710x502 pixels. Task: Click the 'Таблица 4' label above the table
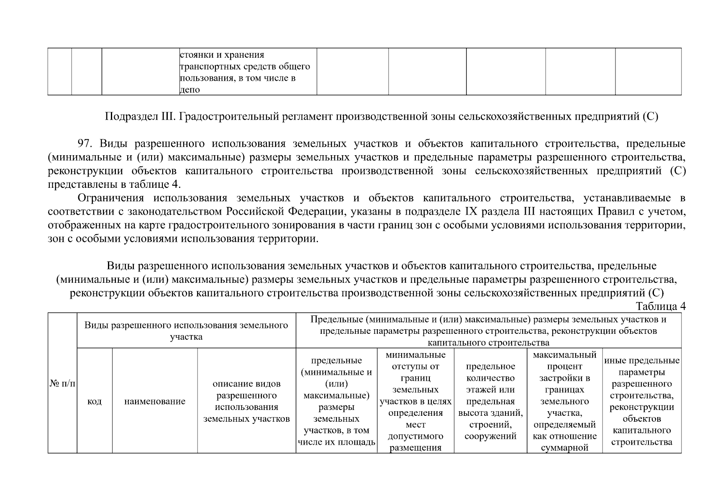661,306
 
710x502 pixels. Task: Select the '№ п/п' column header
62,383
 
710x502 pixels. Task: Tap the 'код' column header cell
95,401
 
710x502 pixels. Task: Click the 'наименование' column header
155,401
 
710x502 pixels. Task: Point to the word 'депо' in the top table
190,90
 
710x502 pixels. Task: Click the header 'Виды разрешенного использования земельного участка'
186,330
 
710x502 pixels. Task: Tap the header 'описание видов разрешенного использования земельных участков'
246,401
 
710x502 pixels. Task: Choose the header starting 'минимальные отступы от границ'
415,401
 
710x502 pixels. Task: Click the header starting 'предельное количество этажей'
490,401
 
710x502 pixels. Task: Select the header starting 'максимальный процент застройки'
564,401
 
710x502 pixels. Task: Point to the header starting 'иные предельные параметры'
642,401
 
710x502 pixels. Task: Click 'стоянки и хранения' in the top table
222,55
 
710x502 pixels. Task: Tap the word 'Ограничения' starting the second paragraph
110,198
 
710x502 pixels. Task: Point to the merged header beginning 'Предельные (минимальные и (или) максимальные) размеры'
488,330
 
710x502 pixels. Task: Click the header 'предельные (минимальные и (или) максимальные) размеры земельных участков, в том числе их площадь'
336,401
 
